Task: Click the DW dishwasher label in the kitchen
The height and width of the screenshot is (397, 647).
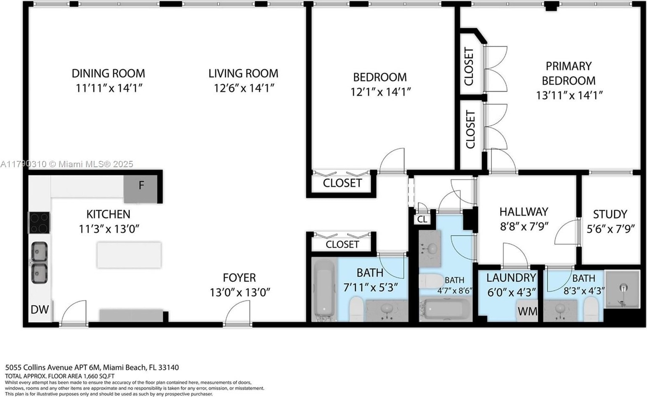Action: pyautogui.click(x=40, y=310)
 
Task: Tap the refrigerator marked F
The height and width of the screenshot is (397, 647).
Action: pyautogui.click(x=141, y=189)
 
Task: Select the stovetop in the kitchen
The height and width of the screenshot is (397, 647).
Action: pyautogui.click(x=39, y=223)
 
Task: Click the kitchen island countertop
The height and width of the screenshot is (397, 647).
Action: pyautogui.click(x=129, y=255)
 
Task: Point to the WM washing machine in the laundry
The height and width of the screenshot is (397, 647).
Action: pyautogui.click(x=528, y=311)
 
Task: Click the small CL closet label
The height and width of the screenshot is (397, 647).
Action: pyautogui.click(x=422, y=219)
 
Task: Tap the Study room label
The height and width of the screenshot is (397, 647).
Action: pyautogui.click(x=610, y=214)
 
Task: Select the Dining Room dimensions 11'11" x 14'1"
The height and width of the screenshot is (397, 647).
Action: pyautogui.click(x=109, y=88)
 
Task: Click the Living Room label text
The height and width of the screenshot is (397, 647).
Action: pyautogui.click(x=243, y=73)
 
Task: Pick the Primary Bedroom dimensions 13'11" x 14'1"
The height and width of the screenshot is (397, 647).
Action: pyautogui.click(x=569, y=95)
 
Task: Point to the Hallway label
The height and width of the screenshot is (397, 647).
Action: pyautogui.click(x=524, y=212)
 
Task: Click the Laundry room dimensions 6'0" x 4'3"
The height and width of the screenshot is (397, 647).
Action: pyautogui.click(x=512, y=292)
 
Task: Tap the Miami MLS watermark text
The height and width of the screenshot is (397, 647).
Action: pyautogui.click(x=66, y=164)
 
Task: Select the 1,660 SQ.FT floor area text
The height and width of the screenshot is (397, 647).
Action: pyautogui.click(x=99, y=376)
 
